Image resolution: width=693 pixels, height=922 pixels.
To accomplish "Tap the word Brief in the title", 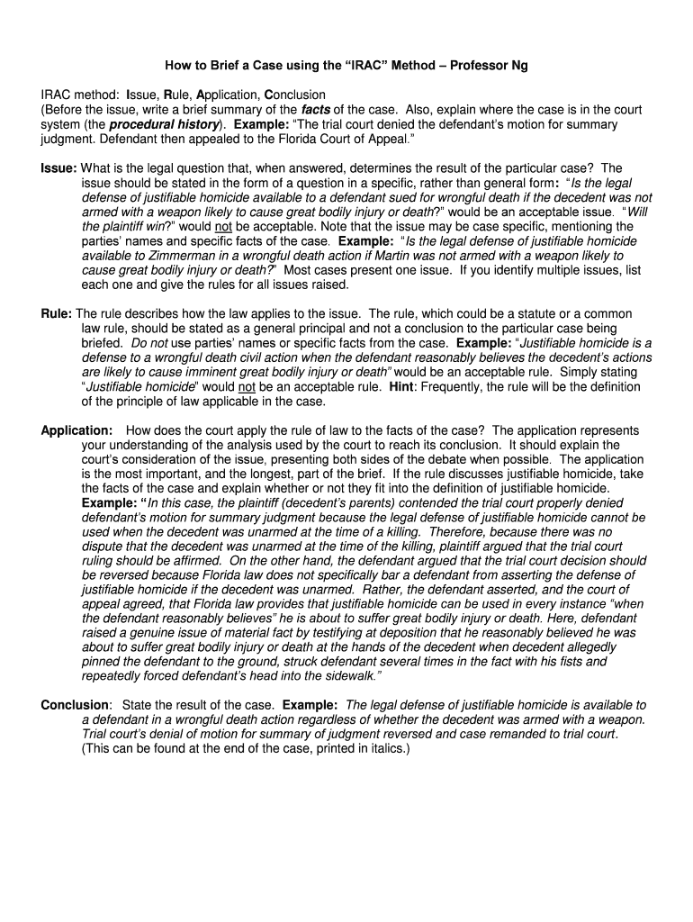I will tap(222, 66).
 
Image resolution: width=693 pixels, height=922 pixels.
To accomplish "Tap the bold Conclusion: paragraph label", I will tap(76, 705).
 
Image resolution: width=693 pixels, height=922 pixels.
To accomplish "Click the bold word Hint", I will tap(401, 386).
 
